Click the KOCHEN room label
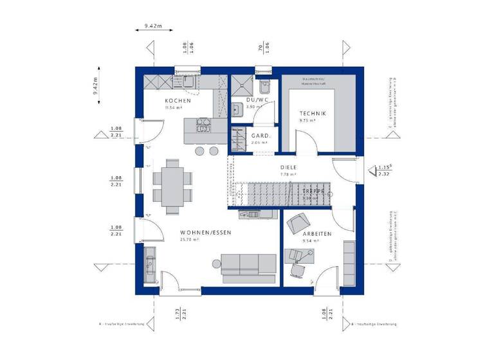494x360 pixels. (178, 101)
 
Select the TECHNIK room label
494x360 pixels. (313, 113)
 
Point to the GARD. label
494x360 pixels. (260, 136)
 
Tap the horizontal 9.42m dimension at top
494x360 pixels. (153, 26)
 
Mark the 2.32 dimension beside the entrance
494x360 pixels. (384, 174)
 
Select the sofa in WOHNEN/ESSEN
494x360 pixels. (248, 265)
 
